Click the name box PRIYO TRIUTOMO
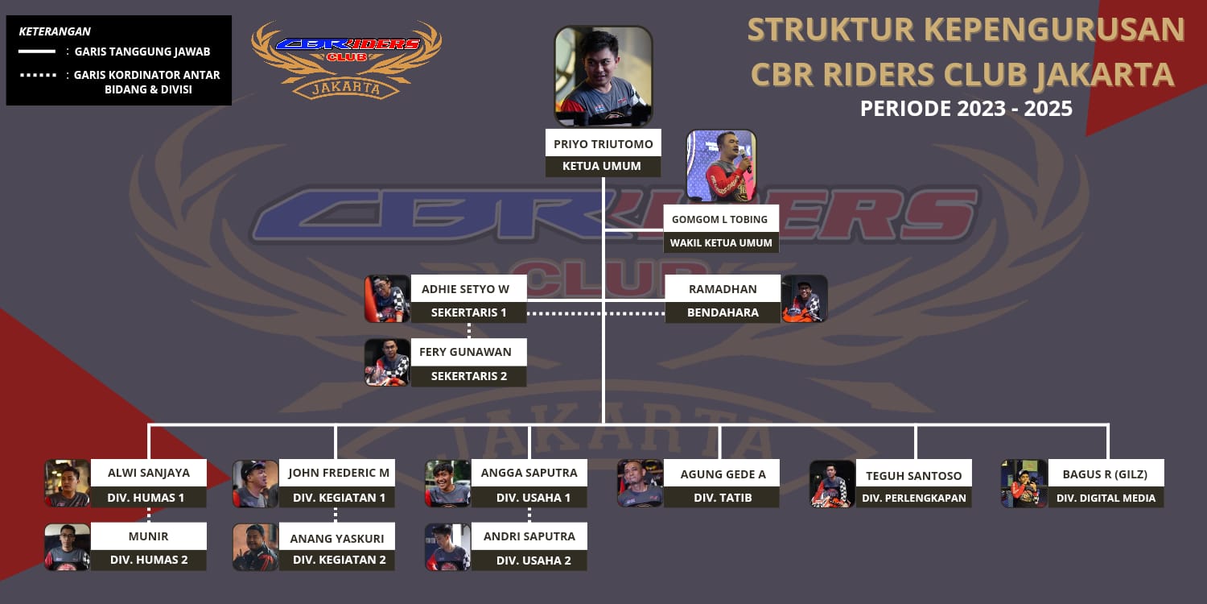(x=603, y=143)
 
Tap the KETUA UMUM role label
(x=603, y=166)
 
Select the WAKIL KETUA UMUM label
(x=721, y=242)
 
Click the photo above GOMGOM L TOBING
(x=722, y=166)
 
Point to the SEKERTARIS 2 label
(x=469, y=376)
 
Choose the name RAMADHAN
(x=723, y=288)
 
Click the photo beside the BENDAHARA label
(x=804, y=299)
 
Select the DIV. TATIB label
(x=722, y=497)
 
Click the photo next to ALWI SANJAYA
(x=68, y=483)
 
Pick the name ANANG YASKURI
(x=337, y=537)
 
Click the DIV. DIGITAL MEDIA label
(x=1106, y=498)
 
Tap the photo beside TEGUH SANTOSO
(x=832, y=483)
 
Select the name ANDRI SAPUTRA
(x=529, y=536)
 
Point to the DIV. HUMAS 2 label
(x=149, y=560)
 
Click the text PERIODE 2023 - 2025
(x=966, y=109)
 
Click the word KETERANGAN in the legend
(x=55, y=31)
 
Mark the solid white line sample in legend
(x=37, y=52)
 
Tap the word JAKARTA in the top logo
(x=347, y=87)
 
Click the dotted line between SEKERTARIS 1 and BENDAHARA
(x=595, y=313)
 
